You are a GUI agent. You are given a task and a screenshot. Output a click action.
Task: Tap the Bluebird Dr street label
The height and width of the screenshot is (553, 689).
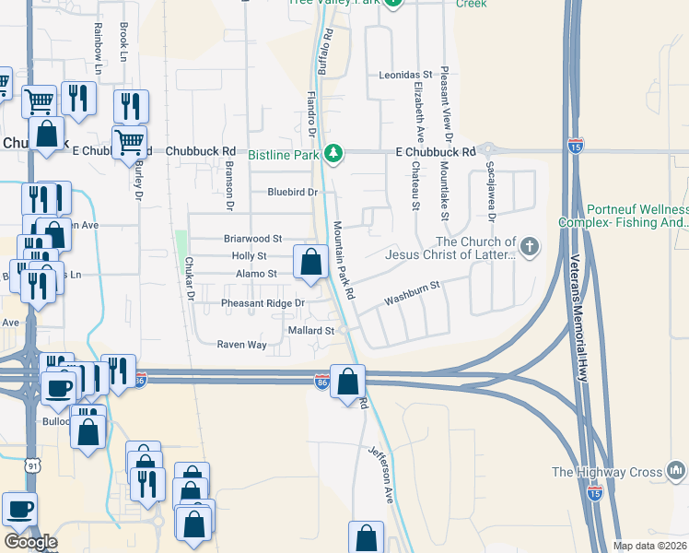292,193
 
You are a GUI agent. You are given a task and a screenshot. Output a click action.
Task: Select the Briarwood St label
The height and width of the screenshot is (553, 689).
251,239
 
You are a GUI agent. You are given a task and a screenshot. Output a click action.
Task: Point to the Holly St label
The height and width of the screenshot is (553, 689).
249,256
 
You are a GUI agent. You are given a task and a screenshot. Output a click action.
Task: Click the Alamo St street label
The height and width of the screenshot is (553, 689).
256,274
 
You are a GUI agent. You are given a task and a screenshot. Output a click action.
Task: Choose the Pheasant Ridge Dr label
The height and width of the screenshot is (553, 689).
262,303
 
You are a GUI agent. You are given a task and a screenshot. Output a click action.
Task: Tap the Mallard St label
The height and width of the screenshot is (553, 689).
309,330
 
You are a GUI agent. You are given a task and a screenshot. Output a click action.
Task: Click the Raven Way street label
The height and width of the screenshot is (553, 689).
241,345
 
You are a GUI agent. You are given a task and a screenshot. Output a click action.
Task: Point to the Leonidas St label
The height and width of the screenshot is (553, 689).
405,74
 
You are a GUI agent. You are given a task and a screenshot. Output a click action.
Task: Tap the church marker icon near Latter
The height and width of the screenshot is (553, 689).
529,246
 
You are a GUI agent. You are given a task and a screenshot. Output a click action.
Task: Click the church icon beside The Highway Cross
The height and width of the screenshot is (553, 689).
676,472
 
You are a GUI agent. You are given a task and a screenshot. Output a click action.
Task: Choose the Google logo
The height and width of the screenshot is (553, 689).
30,542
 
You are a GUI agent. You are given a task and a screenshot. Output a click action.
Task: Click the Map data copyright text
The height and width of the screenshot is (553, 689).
650,546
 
